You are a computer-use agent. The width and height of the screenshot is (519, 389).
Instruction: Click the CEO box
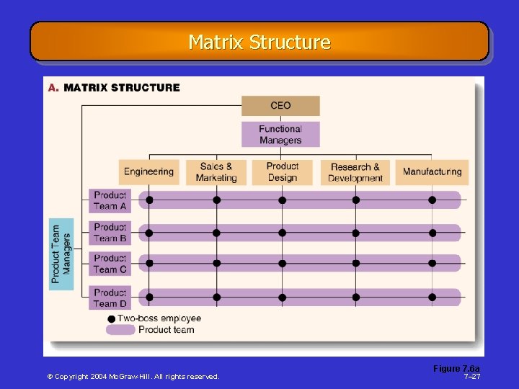tap(280, 106)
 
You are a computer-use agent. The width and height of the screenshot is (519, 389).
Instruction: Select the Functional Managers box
tap(280, 135)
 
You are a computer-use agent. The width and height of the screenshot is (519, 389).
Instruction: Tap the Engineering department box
tap(148, 172)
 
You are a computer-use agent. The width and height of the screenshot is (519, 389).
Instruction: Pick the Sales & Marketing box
tap(216, 172)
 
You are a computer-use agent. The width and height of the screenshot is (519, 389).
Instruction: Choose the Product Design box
tap(282, 172)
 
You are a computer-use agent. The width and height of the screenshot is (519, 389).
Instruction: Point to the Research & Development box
tap(355, 172)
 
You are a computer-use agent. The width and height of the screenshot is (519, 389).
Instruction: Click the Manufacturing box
tap(432, 172)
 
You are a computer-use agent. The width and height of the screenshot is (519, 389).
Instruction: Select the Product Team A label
tap(110, 200)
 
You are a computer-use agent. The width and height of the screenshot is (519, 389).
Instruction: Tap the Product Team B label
tap(110, 233)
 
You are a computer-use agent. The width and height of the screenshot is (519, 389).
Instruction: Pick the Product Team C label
tap(110, 264)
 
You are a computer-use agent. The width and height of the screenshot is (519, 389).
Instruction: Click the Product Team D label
tap(110, 298)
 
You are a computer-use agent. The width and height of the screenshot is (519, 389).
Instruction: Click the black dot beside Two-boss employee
tap(111, 318)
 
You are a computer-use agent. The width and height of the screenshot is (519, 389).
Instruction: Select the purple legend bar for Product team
tap(120, 330)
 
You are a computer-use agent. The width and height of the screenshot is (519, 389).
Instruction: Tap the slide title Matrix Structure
tap(259, 43)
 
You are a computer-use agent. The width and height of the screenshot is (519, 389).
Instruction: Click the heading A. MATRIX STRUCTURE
tap(114, 88)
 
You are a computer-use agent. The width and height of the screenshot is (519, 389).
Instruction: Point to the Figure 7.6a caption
tap(456, 369)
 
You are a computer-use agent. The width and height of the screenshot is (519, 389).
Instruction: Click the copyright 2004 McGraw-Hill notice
tap(133, 377)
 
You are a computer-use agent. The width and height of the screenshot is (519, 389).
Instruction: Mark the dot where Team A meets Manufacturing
tap(432, 200)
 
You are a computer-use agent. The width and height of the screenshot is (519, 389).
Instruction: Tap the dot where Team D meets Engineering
tap(149, 297)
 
